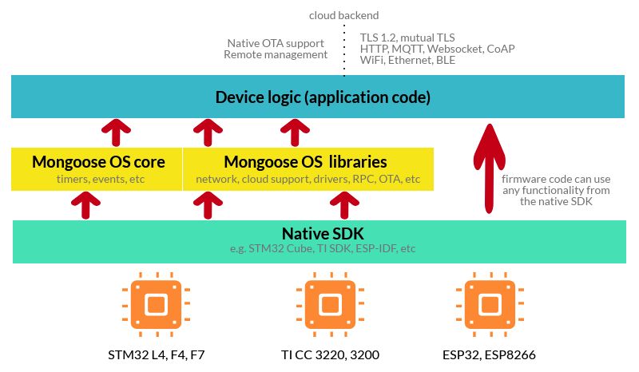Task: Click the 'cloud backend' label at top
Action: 343,15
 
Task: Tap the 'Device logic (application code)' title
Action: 323,98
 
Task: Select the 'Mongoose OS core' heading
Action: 98,162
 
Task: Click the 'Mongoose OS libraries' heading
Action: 305,162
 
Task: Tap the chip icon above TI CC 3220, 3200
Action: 327,303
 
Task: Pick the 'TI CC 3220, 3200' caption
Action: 327,354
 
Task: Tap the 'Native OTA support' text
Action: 277,42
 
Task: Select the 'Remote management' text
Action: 276,54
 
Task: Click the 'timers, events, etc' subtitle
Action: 99,179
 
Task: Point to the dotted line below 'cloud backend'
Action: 344,48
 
